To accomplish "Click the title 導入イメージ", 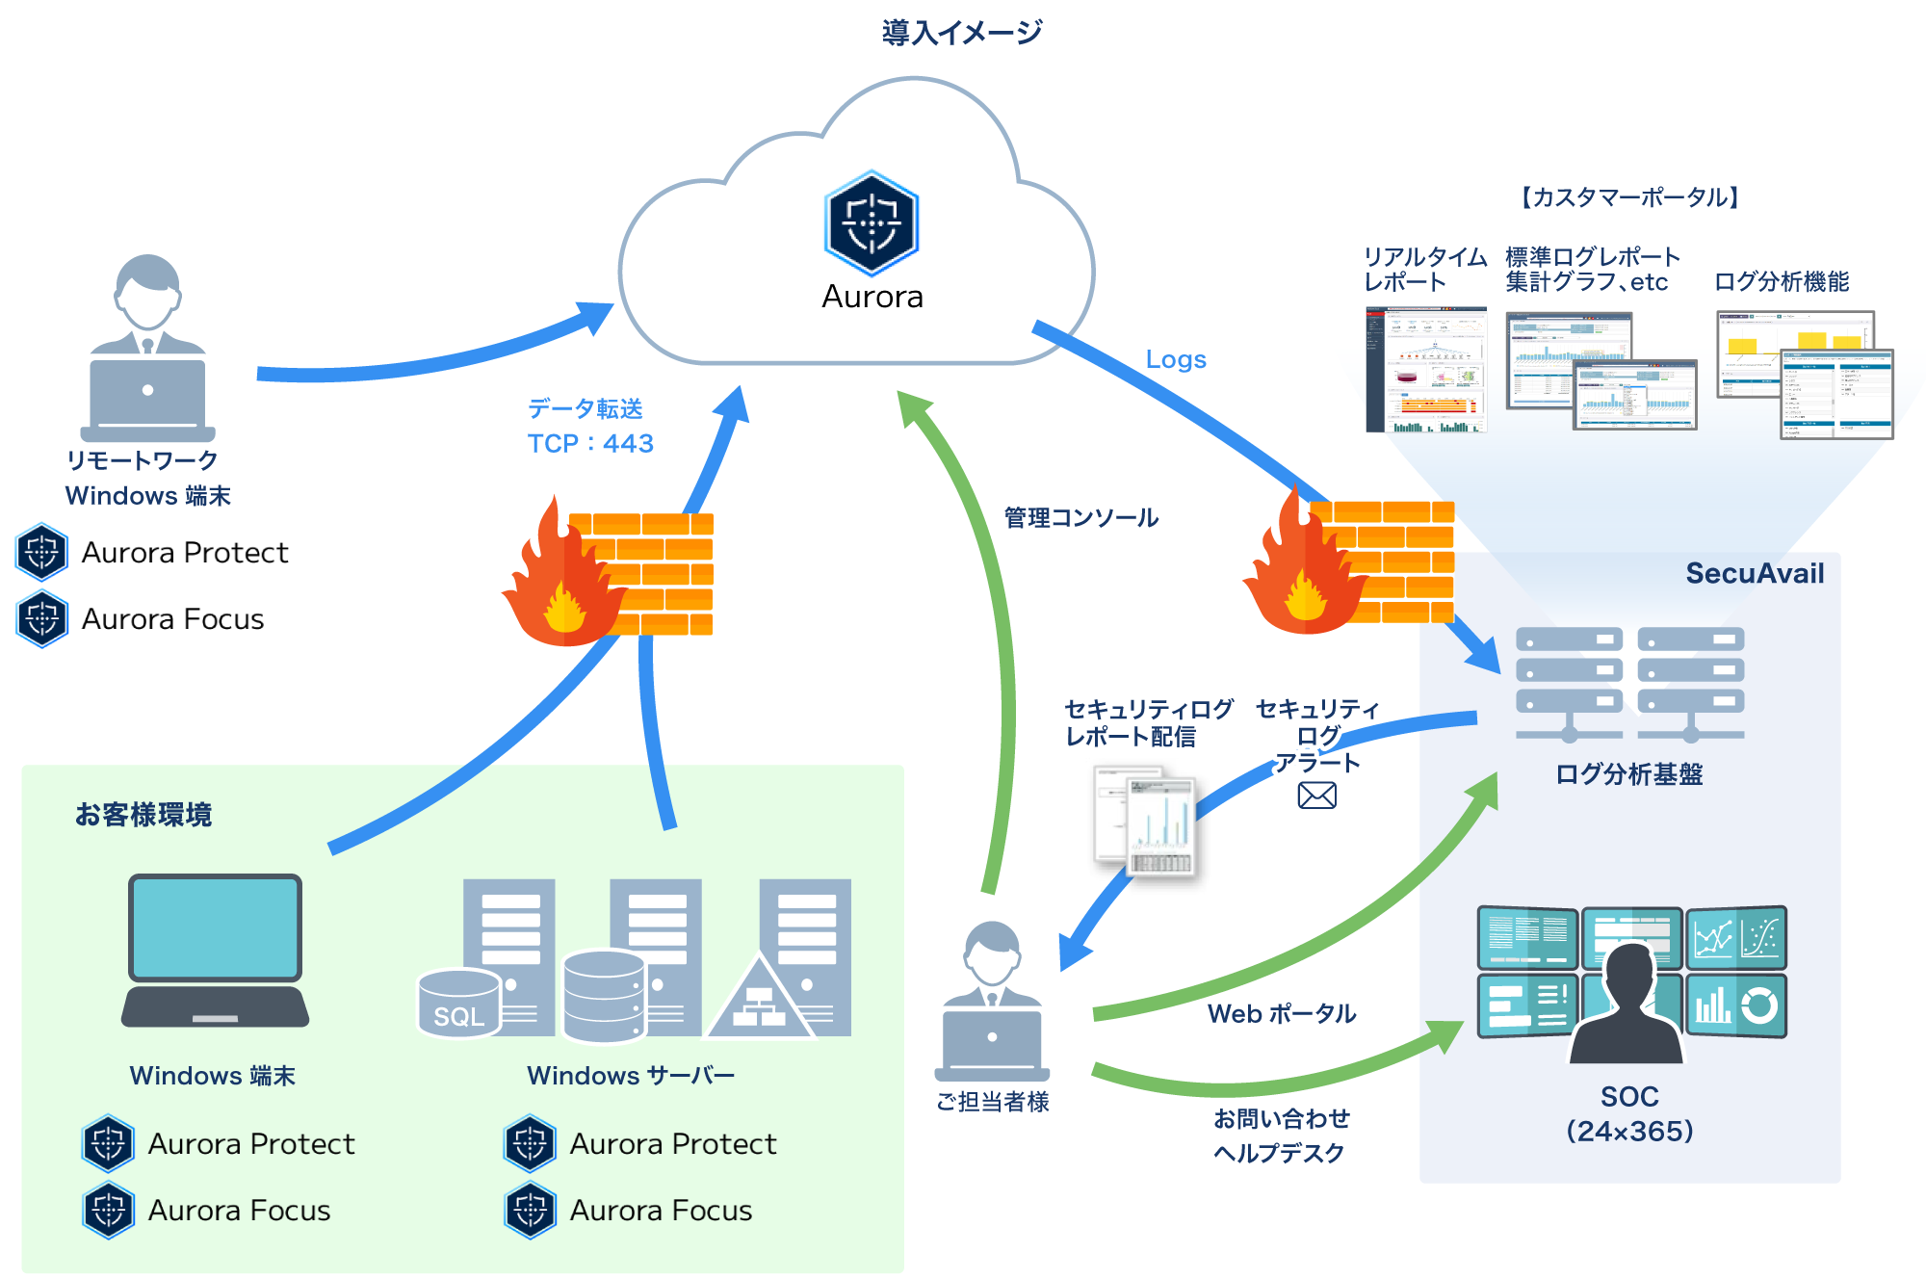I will (x=961, y=33).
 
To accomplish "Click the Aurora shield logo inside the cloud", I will (x=872, y=223).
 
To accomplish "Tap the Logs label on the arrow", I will (x=1175, y=359).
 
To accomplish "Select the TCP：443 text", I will (x=589, y=443).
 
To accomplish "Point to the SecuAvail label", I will (x=1754, y=573).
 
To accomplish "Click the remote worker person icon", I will (x=147, y=347).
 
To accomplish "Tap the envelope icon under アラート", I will (x=1316, y=796).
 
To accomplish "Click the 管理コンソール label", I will (x=1080, y=518).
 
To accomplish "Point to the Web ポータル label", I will (x=1281, y=1013).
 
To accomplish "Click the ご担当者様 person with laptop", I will (x=992, y=1002).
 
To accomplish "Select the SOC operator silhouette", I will (x=1627, y=1006).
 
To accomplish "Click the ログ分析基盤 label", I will (x=1628, y=774).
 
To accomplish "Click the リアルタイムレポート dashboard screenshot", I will (x=1425, y=370).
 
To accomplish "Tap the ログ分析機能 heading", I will (x=1781, y=282).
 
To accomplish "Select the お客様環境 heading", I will (x=143, y=815).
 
